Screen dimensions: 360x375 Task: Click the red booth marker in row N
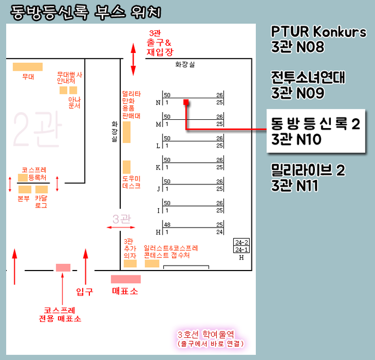pos(186,102)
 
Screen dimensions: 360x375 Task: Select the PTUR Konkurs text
pos(318,32)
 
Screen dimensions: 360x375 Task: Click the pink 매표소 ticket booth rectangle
pos(125,279)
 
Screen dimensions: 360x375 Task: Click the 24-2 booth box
pos(242,242)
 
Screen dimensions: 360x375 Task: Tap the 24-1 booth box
pos(242,250)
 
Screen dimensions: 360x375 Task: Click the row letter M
pos(158,124)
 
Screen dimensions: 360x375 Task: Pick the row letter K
pos(158,167)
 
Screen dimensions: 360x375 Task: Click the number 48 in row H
pos(168,225)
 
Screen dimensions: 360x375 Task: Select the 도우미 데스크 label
pos(131,182)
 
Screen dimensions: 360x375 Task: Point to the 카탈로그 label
pos(41,202)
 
